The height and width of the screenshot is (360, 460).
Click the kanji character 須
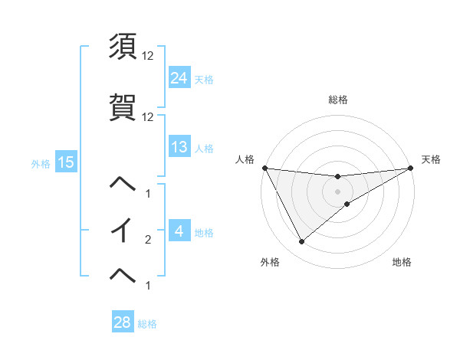point(124,47)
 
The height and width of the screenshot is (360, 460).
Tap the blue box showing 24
point(179,78)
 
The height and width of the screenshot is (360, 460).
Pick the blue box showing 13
point(179,147)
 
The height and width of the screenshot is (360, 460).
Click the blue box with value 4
point(179,231)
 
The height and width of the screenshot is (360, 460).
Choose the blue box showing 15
point(65,162)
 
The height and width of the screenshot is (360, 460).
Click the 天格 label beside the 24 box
point(204,79)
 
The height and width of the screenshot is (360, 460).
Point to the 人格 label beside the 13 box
point(204,148)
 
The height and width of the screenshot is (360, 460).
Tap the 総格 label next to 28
point(147,323)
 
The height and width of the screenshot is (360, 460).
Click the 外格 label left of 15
point(41,162)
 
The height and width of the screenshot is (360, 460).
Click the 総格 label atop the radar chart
point(337,100)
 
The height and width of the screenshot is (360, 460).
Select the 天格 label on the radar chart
point(431,159)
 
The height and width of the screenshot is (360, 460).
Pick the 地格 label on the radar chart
point(402,262)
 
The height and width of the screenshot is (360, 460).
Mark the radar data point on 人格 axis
point(265,168)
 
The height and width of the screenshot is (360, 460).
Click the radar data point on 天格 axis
point(410,168)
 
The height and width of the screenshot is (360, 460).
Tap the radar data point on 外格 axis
point(301,242)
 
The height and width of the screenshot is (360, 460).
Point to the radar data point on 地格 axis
point(347,204)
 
